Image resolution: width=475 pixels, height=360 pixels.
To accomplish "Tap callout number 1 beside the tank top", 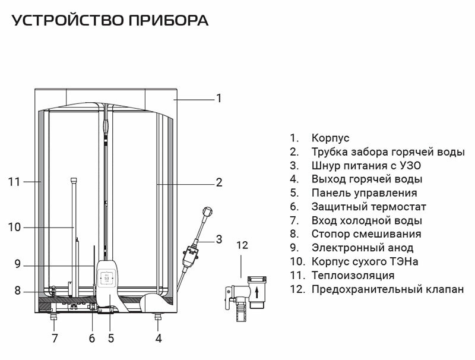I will [x=218, y=98].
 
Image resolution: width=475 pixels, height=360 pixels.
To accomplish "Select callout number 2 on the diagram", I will [x=218, y=182].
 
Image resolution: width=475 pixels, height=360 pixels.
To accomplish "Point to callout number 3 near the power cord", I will [x=218, y=239].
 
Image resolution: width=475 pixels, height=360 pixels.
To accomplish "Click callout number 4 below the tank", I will [x=158, y=339].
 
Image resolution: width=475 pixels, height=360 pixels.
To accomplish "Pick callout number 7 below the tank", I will [x=55, y=339].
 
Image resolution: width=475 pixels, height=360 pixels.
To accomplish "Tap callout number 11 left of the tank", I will [x=14, y=182].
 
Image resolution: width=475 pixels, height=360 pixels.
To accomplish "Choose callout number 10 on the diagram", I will [x=15, y=226].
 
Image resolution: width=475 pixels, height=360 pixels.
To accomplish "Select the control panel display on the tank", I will [x=107, y=277].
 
